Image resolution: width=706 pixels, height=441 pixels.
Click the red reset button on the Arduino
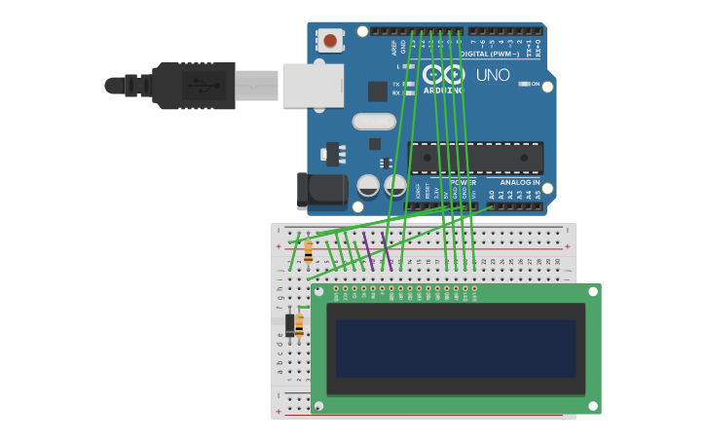click(330, 40)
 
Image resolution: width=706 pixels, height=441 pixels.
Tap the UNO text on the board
click(492, 75)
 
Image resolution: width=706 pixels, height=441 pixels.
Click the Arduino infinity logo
click(443, 75)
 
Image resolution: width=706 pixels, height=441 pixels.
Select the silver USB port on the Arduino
click(313, 85)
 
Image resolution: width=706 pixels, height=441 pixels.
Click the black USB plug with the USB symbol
click(195, 86)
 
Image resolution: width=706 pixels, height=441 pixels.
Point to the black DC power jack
click(321, 191)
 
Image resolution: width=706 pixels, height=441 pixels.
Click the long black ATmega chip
click(475, 158)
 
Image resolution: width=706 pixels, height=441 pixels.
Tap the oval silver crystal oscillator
click(374, 122)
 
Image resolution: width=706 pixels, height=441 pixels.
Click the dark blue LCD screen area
click(456, 349)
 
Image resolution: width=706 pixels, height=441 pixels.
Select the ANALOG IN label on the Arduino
click(519, 182)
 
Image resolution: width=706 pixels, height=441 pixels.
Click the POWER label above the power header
click(463, 182)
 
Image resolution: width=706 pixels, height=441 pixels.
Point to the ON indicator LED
click(525, 84)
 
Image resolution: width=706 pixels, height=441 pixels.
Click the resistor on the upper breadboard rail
click(309, 252)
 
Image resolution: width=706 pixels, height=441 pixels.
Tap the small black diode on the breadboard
click(289, 325)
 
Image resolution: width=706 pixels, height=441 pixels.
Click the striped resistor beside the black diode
click(299, 325)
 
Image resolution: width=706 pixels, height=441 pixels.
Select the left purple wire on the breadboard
click(368, 250)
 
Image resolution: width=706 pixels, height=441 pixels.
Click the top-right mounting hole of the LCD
click(590, 291)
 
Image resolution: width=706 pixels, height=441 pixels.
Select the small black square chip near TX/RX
click(377, 92)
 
